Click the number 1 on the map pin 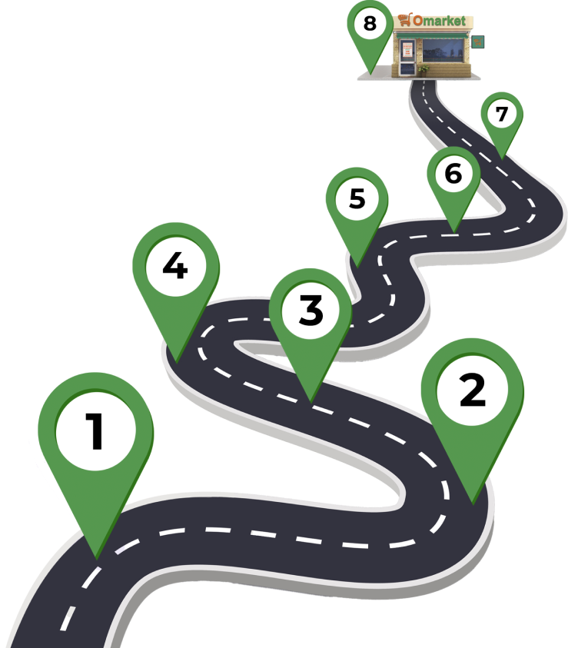tap(95, 431)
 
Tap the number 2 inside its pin tap(472, 390)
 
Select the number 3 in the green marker tap(311, 311)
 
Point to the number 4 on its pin tap(175, 267)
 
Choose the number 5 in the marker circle tap(357, 199)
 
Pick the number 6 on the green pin tap(453, 174)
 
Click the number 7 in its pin tap(502, 115)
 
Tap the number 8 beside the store tap(370, 23)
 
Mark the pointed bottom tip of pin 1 tap(96, 556)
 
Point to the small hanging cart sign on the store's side tap(477, 42)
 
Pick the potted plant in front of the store tap(423, 70)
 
